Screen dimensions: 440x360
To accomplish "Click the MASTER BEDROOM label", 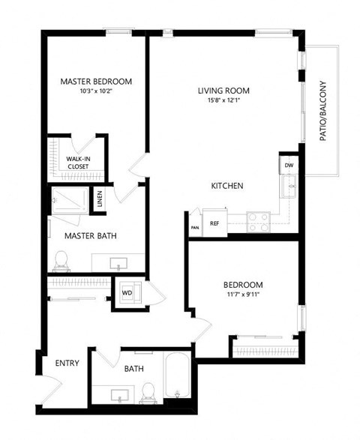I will [96, 81].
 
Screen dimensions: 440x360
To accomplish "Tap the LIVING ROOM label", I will [223, 91].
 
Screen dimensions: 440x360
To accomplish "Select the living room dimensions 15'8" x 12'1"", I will [223, 102].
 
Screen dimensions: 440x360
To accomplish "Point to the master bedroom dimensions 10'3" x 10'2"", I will [96, 92].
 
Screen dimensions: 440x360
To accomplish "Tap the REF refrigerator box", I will [214, 223].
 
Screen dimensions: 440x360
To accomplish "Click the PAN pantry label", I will [194, 226].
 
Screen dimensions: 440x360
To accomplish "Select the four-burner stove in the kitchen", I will [259, 221].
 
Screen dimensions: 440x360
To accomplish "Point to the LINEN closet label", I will [100, 200].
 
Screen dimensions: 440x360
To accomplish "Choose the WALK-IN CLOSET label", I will [78, 163].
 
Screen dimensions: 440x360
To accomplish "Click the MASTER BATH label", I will [89, 235].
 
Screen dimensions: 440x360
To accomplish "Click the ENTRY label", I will [67, 364].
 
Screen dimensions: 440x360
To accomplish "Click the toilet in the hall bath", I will [148, 391].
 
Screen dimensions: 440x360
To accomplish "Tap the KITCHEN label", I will [226, 186].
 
